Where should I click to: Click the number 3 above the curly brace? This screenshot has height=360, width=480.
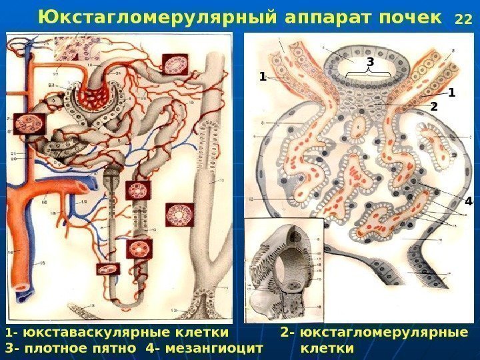371,62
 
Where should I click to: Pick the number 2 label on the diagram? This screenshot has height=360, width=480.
434,107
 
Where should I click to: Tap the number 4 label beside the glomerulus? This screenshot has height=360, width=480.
468,201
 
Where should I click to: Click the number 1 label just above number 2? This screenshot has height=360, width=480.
451,92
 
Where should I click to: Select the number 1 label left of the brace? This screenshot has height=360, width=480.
263,77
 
